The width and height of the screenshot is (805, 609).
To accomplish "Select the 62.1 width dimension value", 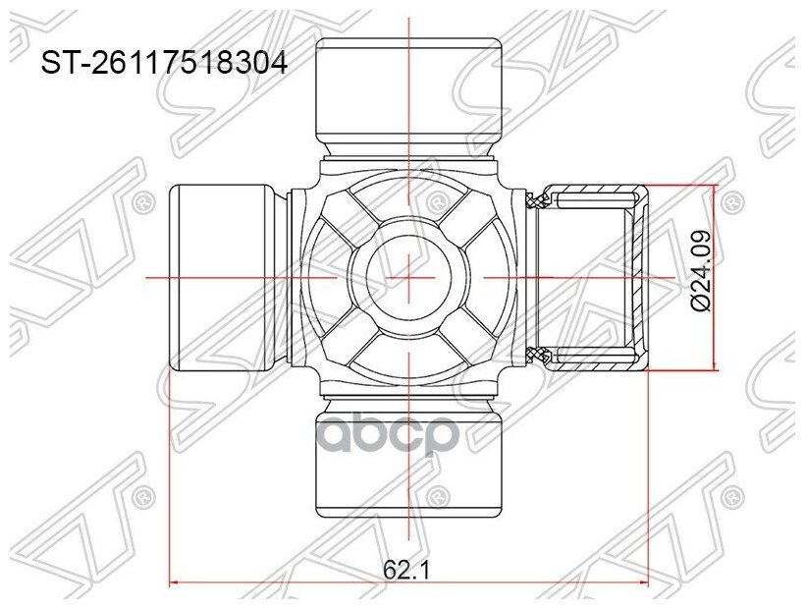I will [408, 568].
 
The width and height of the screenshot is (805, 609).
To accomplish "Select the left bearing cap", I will [222, 278].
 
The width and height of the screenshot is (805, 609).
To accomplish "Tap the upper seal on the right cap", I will [537, 201].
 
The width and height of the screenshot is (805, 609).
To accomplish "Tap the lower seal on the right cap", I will [537, 354].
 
